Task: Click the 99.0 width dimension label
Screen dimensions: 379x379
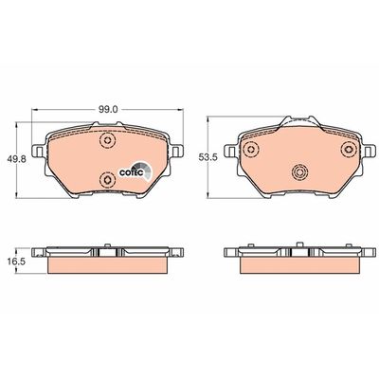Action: tap(106, 110)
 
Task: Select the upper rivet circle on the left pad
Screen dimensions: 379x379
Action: tap(108, 141)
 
